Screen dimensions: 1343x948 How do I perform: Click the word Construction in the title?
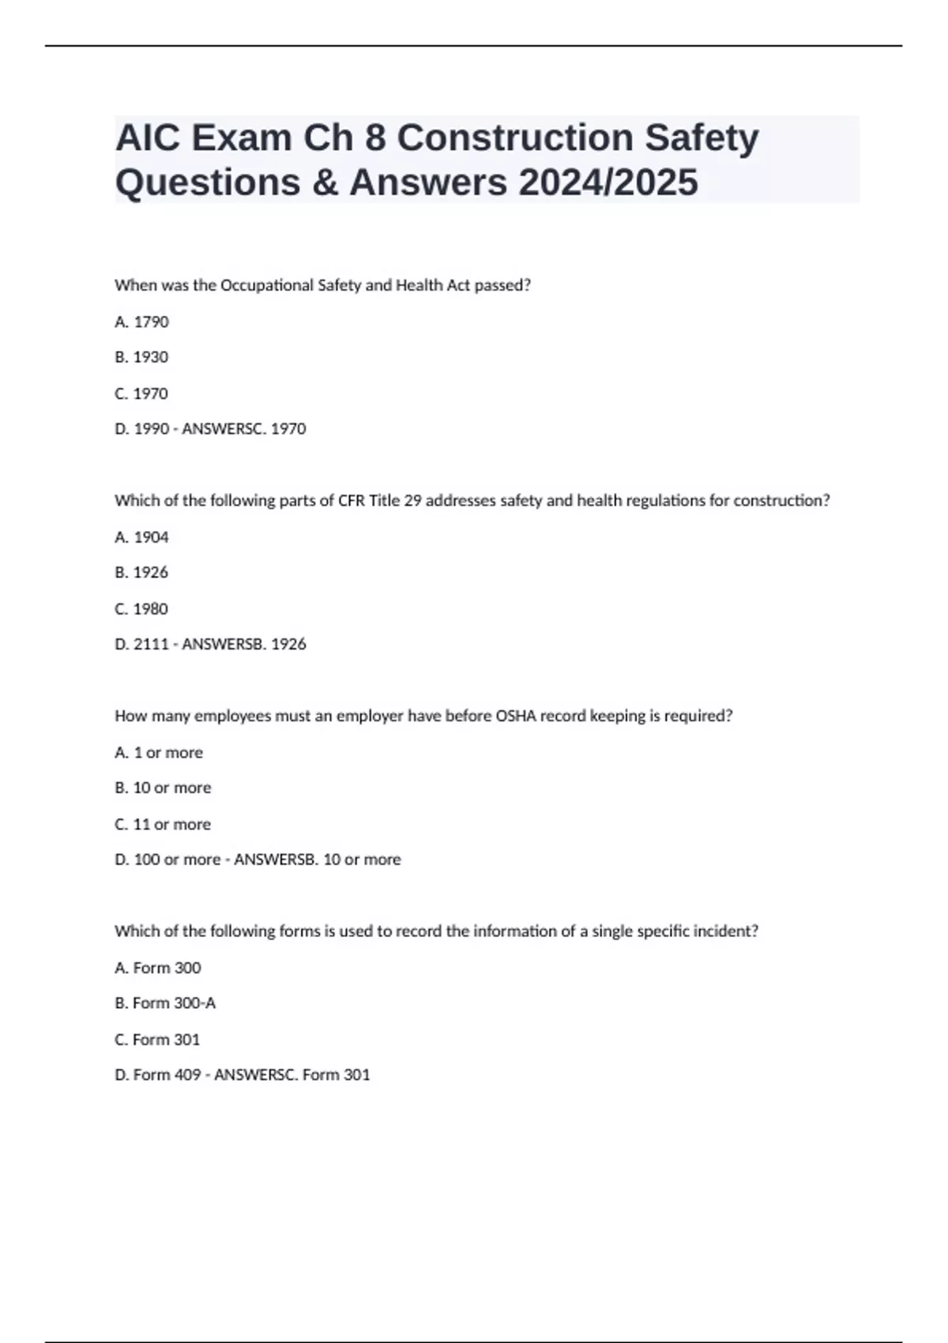[x=515, y=138]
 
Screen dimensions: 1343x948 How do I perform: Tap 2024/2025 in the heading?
[x=608, y=182]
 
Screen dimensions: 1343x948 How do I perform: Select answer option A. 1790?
[x=142, y=322]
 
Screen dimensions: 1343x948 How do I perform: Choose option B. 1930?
[x=142, y=357]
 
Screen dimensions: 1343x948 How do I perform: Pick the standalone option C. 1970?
[x=142, y=393]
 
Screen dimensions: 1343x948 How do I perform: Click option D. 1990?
[x=142, y=429]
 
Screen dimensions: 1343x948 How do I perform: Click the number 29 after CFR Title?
[x=412, y=501]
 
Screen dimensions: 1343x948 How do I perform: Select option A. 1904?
[x=142, y=537]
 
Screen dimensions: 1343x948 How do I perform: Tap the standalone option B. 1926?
[x=142, y=572]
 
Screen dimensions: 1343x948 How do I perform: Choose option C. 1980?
[x=142, y=609]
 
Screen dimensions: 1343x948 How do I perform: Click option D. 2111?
[x=142, y=645]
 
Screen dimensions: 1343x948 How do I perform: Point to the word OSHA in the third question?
[x=515, y=717]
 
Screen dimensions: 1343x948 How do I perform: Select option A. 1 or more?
[x=159, y=753]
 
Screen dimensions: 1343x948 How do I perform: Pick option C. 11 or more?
[x=163, y=825]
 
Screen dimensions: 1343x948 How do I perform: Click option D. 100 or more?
[x=167, y=860]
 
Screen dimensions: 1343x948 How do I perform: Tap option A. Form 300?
[x=158, y=968]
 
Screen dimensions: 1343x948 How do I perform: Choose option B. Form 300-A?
[x=165, y=1003]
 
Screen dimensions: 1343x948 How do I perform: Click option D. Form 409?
[x=158, y=1075]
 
